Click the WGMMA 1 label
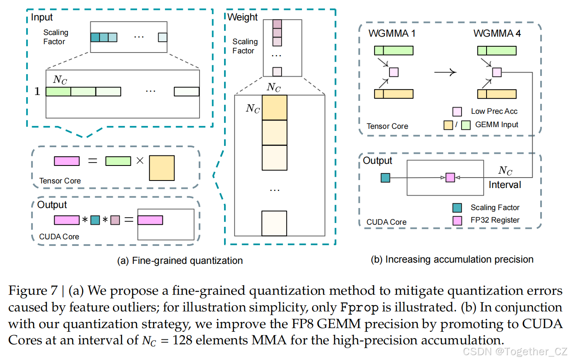point(392,33)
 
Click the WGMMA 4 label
point(497,33)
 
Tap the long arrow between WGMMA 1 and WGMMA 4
point(445,72)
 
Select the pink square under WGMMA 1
point(394,72)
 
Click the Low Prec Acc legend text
point(494,111)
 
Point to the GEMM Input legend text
point(497,124)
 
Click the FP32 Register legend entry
point(495,220)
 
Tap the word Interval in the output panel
point(505,184)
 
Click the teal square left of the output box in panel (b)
point(385,178)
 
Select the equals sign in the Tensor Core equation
point(92,161)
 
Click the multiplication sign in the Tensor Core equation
point(140,161)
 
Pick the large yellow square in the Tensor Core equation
point(162,168)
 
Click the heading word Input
point(42,18)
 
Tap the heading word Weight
point(242,18)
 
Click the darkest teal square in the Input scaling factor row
point(95,37)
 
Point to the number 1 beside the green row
point(37,92)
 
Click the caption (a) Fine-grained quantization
point(180,261)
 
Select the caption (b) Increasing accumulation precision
point(452,259)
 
